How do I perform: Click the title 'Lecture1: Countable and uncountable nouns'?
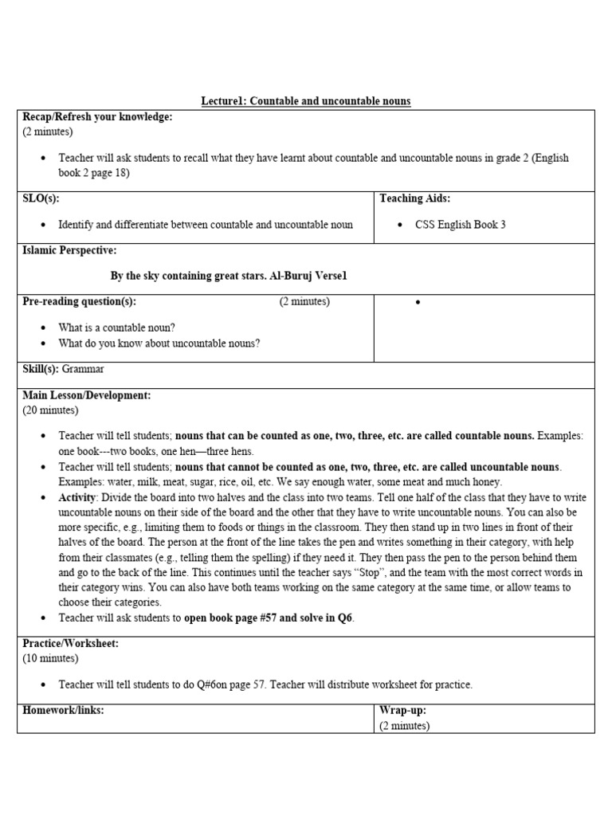coord(306,101)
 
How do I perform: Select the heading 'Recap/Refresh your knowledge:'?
coord(97,117)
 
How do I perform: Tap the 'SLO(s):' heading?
coord(41,198)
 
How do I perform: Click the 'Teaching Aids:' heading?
coord(414,198)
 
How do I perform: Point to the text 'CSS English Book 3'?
coord(460,225)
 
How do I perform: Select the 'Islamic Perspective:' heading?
coord(69,250)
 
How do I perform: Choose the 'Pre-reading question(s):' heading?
coord(80,301)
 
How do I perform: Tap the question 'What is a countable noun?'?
coord(117,328)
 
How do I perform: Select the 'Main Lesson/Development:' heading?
coord(86,395)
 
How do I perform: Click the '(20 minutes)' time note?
coord(50,410)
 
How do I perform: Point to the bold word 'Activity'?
coord(76,496)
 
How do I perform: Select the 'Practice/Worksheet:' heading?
coord(70,643)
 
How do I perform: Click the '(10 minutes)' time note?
coord(50,658)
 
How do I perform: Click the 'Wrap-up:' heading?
coord(403,709)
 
